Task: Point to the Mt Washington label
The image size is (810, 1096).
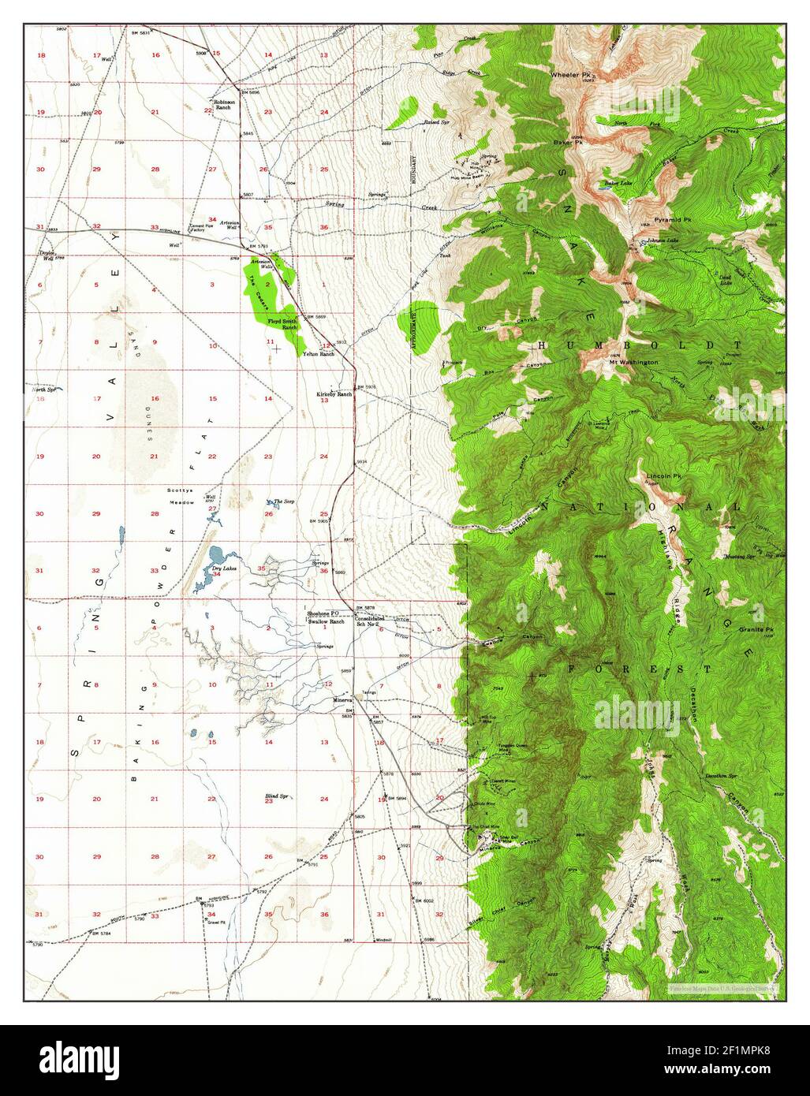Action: click(633, 362)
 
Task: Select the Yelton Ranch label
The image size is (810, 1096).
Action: click(319, 354)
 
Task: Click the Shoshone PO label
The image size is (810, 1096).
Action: click(323, 613)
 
